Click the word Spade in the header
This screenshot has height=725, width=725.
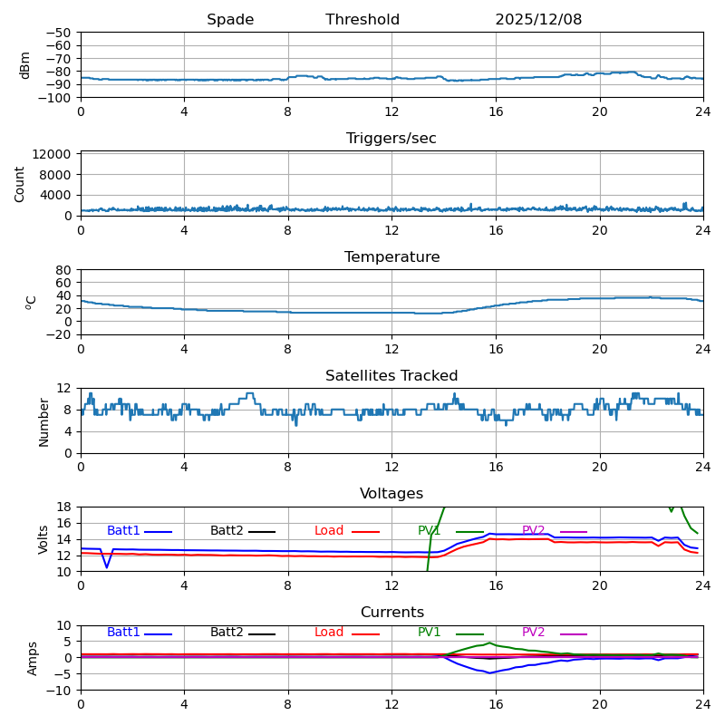(230, 20)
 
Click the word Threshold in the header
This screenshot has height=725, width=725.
(362, 20)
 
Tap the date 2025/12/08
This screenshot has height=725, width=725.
(538, 20)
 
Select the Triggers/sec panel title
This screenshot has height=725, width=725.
(391, 139)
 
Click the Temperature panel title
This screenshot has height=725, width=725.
(391, 257)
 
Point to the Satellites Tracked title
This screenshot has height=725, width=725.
(391, 376)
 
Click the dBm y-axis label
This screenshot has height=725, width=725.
(25, 65)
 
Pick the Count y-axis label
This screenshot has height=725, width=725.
(21, 184)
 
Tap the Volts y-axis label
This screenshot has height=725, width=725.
(43, 539)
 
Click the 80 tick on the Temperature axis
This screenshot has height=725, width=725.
(64, 270)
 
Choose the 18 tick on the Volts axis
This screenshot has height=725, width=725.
(64, 507)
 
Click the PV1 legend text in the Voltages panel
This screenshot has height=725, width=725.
(429, 531)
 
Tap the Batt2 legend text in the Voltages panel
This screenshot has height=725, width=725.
(227, 531)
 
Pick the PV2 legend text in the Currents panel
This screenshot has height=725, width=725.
(533, 633)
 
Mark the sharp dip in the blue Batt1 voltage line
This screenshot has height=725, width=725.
(107, 567)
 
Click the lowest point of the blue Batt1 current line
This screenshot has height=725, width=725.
(490, 672)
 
